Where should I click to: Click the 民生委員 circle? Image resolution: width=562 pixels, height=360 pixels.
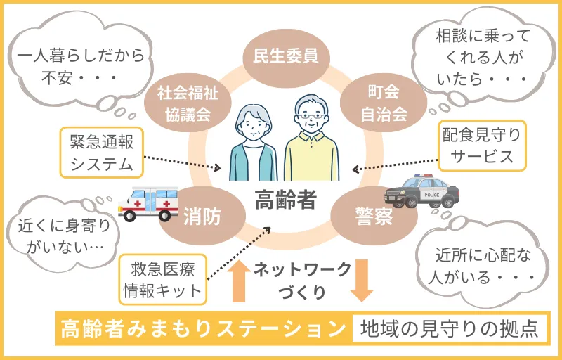tap(281, 56)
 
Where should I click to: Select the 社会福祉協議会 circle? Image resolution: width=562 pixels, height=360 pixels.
tap(183, 103)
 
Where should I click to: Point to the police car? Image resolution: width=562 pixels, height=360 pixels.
tap(421, 191)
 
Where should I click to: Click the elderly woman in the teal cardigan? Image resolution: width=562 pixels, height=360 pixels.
tap(251, 141)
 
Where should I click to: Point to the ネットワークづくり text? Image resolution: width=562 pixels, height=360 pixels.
tap(299, 280)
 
